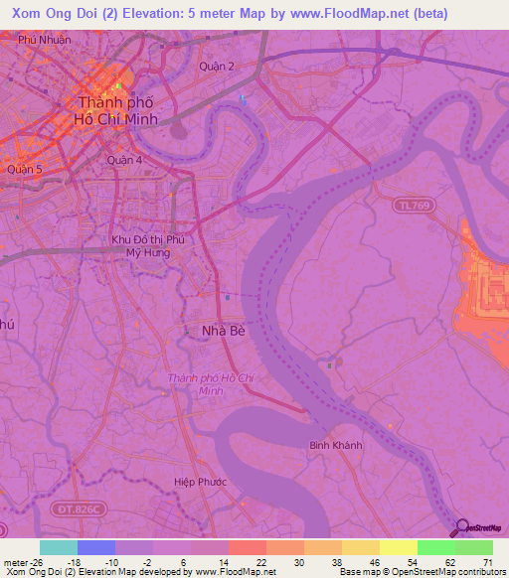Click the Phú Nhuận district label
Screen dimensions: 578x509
click(44, 40)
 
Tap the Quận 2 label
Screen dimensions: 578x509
click(218, 67)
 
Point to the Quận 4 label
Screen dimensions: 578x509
click(125, 159)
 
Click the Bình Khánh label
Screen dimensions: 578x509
click(334, 445)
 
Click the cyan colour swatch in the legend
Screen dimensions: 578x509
click(59, 547)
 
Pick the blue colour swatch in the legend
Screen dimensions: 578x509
click(96, 547)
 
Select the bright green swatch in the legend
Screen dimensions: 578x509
click(436, 547)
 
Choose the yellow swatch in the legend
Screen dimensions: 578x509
click(399, 547)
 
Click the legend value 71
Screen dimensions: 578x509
click(487, 562)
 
